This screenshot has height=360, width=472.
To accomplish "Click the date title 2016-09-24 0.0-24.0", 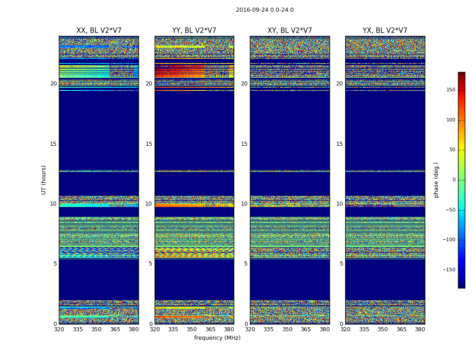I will [x=265, y=10].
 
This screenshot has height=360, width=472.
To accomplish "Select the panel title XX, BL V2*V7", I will [x=99, y=31].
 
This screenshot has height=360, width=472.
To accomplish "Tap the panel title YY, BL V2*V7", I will [x=194, y=31].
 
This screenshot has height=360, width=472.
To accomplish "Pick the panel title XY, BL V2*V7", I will [x=290, y=31].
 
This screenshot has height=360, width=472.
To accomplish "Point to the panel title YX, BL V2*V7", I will [x=385, y=31].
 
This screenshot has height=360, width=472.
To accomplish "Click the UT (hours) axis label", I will [x=44, y=180].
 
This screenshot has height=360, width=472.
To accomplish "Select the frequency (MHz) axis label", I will [x=217, y=338].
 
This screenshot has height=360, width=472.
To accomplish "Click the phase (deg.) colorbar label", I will [x=436, y=180].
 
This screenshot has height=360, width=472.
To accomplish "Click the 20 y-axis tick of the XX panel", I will [x=53, y=84].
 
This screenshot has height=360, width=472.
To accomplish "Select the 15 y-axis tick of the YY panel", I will [x=149, y=144].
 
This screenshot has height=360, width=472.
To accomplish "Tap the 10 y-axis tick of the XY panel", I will [x=245, y=204].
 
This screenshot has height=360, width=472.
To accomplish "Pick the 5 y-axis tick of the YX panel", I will [x=342, y=264].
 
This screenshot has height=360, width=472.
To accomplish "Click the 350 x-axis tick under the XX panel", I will [x=96, y=329].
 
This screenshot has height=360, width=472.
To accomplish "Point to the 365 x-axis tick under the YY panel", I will [x=210, y=329].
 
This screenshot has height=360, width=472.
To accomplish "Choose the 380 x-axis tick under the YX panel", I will [x=420, y=329].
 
